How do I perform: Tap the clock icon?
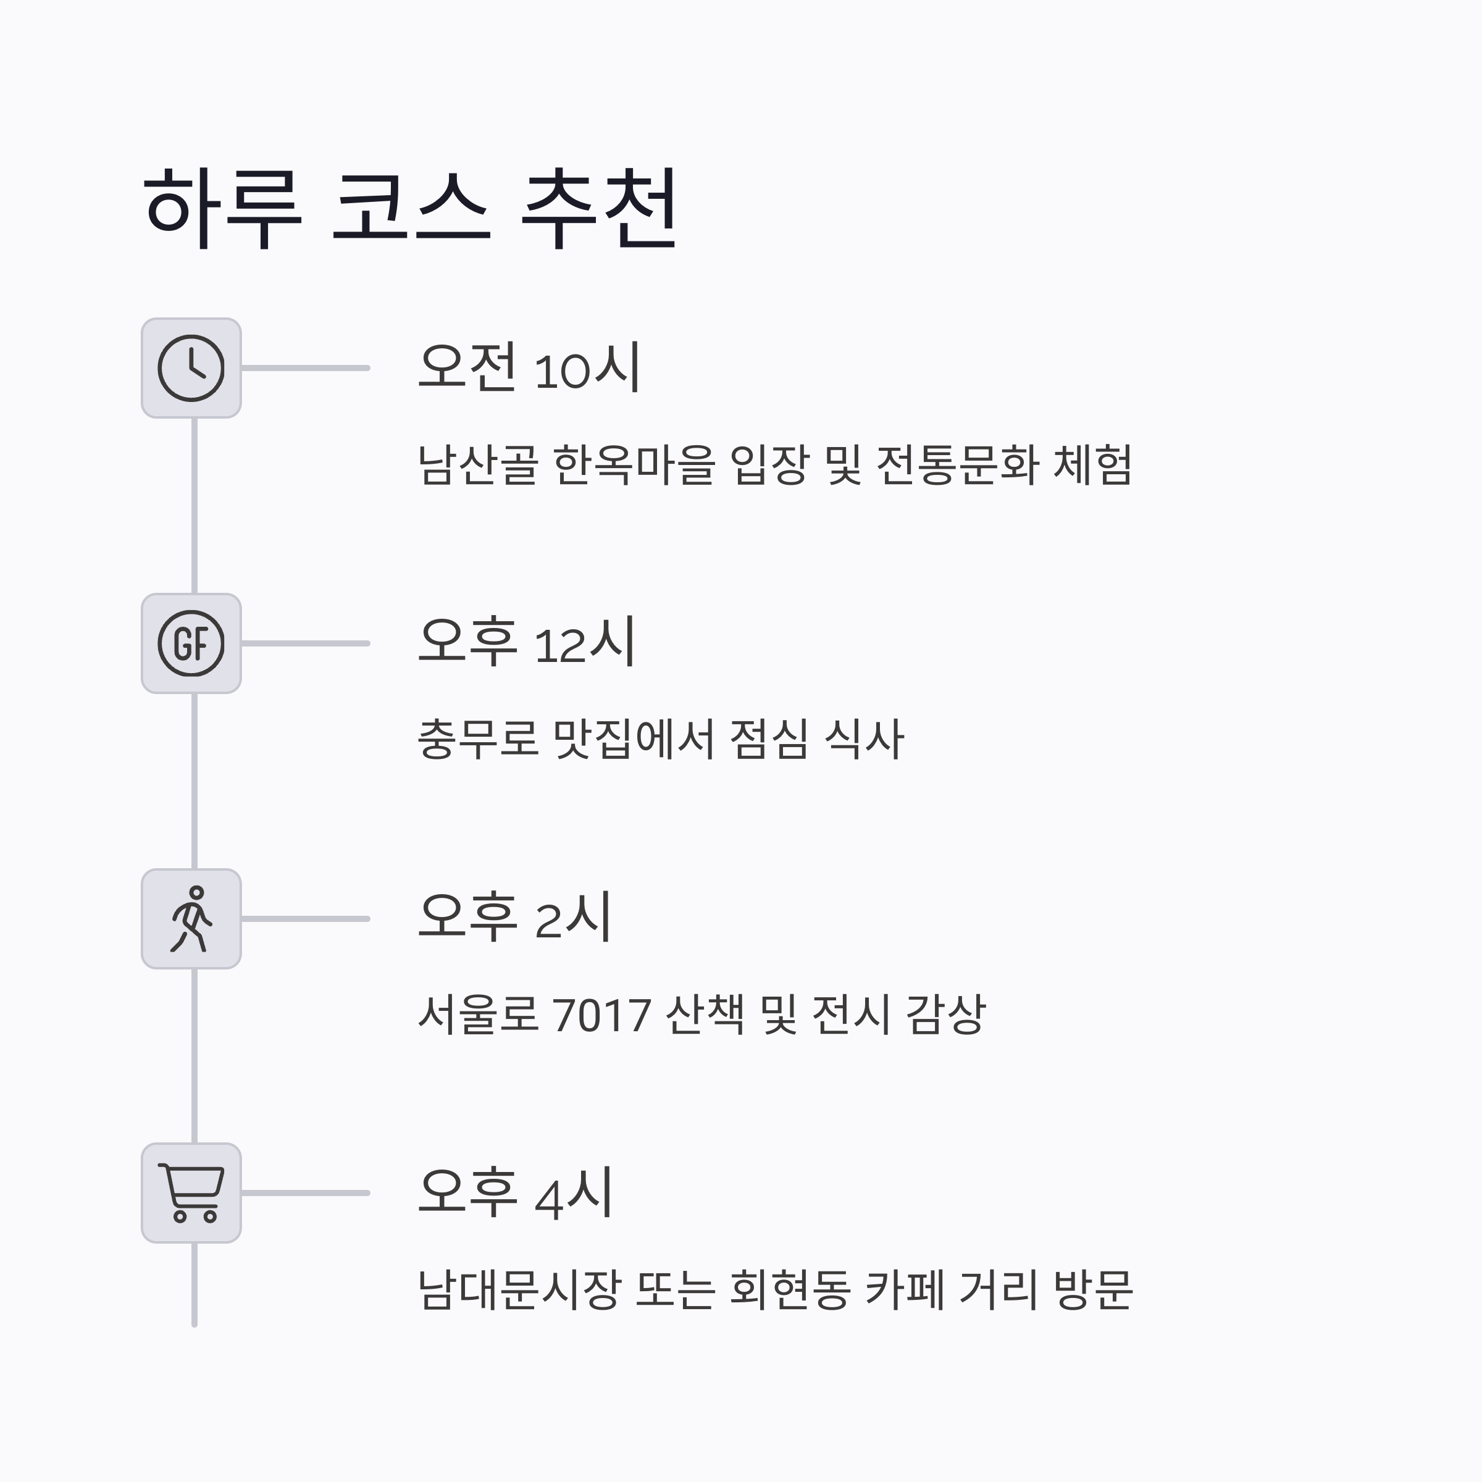tap(191, 368)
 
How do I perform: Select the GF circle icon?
tap(191, 643)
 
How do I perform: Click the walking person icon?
tap(191, 919)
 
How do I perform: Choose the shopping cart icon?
tap(191, 1193)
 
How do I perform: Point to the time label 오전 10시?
tap(529, 367)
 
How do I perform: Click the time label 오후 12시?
tap(526, 642)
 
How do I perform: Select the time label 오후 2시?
tap(514, 918)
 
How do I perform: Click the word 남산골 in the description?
tap(478, 465)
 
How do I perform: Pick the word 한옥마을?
tap(634, 465)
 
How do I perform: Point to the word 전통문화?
tap(957, 465)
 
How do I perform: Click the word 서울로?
tap(478, 1015)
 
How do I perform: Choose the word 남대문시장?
tap(519, 1289)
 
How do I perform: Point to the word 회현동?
tap(789, 1289)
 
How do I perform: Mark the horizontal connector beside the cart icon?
tap(305, 1193)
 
